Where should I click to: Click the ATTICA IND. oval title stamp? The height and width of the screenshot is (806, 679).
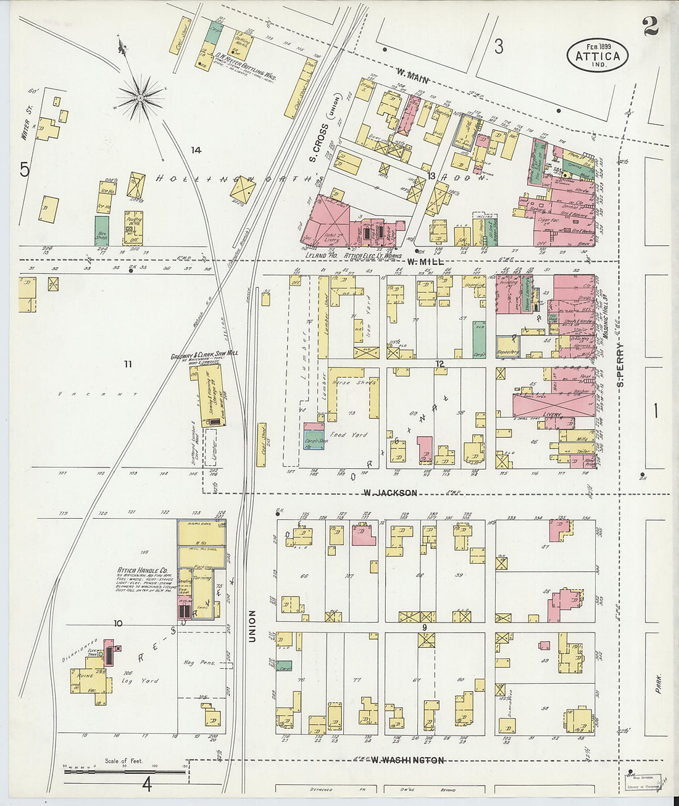coord(598,56)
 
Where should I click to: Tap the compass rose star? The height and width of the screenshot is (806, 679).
coord(141,97)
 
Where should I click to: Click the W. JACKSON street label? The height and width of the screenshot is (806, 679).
coord(390,493)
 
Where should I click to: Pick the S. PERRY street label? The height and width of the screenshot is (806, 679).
coord(620,365)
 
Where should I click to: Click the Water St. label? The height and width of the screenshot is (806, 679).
coord(25,125)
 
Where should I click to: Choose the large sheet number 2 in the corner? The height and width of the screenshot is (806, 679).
coord(649,26)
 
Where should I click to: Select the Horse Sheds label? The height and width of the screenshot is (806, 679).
coord(351,382)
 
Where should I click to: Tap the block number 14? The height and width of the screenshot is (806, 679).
coord(196,150)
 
